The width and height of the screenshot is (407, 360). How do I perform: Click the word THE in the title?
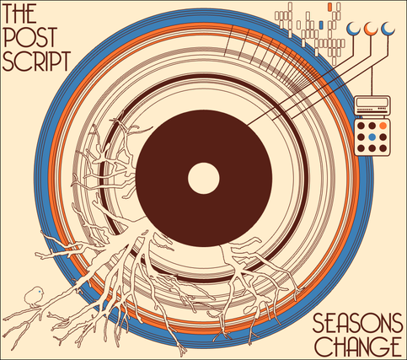pos(19,13)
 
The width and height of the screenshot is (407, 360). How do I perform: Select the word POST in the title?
pos(30,37)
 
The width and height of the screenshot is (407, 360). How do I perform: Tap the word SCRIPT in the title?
pos(36,61)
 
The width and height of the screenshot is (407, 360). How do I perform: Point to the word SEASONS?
pos(357,323)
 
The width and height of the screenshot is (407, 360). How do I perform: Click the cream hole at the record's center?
pos(204,178)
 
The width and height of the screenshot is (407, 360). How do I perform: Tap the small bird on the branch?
pos(35,296)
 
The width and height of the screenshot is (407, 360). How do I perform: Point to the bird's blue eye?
pos(40,292)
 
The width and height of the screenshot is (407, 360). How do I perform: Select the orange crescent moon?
pos(371,29)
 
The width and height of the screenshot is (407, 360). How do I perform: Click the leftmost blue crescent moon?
pos(353,29)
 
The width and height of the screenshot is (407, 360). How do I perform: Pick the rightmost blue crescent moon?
pos(388,29)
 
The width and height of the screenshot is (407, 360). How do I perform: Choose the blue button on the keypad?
pos(372,137)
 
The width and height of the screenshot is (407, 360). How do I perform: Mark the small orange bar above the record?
pos(330,7)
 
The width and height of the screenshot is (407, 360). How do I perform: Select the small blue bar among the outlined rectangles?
pos(321,25)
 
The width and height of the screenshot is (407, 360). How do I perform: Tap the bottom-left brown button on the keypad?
pos(361,148)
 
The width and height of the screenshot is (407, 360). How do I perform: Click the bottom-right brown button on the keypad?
pos(383,148)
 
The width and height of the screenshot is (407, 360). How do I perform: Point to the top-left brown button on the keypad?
pos(361,126)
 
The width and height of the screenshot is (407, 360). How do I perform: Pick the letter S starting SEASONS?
pos(319,323)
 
